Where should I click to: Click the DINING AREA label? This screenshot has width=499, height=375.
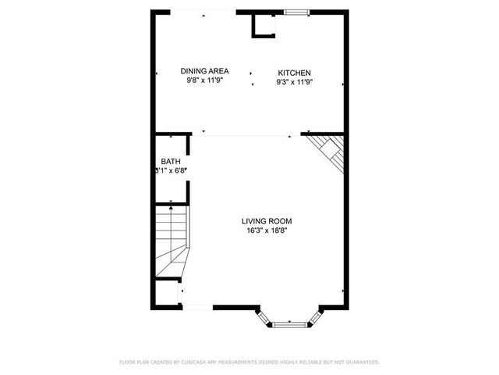(204, 70)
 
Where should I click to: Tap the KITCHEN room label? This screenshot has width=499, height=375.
(294, 73)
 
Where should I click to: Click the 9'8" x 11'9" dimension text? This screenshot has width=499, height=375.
(204, 80)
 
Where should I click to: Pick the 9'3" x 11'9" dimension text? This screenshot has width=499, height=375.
(294, 82)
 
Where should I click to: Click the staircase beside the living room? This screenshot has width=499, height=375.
(172, 238)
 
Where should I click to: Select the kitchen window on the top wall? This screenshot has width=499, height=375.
(296, 12)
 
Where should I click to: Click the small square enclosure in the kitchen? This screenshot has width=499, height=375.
(264, 27)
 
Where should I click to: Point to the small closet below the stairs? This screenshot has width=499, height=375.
(167, 294)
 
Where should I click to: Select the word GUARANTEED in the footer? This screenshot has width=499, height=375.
(363, 362)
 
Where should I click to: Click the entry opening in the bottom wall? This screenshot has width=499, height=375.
(197, 307)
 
